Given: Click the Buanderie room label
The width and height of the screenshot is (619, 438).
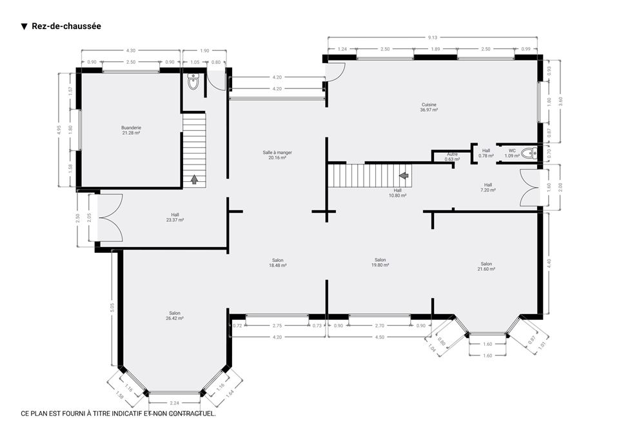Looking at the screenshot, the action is [131, 130].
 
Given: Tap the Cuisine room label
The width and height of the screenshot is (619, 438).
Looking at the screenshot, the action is [429, 108].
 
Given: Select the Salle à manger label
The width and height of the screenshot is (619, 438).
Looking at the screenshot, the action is [277, 155].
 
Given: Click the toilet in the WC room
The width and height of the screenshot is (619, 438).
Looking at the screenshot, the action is [529, 153].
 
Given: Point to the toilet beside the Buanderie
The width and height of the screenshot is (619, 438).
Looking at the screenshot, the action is [193, 81].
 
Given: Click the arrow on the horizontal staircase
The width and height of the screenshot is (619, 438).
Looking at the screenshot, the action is [404, 175].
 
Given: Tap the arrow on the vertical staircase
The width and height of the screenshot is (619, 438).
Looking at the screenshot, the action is [194, 180].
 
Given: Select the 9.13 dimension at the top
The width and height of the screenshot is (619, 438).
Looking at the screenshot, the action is [433, 37].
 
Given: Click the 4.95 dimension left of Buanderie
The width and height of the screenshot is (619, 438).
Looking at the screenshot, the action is [59, 130].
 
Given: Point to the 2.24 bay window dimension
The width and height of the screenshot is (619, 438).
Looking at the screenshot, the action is [175, 403].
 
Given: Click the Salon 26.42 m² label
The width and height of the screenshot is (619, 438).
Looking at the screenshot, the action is [175, 315].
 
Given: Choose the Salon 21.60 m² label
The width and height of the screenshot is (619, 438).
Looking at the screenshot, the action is [486, 266].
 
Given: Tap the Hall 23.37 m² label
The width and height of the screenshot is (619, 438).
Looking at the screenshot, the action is [175, 217].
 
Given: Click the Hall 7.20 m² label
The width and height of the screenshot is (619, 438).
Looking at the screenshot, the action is [488, 187].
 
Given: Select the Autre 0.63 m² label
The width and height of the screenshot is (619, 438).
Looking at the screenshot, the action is [453, 157].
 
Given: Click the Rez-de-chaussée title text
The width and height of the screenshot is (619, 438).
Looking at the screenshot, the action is [66, 26].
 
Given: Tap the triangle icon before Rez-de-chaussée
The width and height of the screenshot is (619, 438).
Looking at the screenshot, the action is [24, 26].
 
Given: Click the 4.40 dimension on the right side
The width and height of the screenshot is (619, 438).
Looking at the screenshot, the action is [549, 264].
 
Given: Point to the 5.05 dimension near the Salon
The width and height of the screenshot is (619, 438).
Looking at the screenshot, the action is [112, 308].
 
